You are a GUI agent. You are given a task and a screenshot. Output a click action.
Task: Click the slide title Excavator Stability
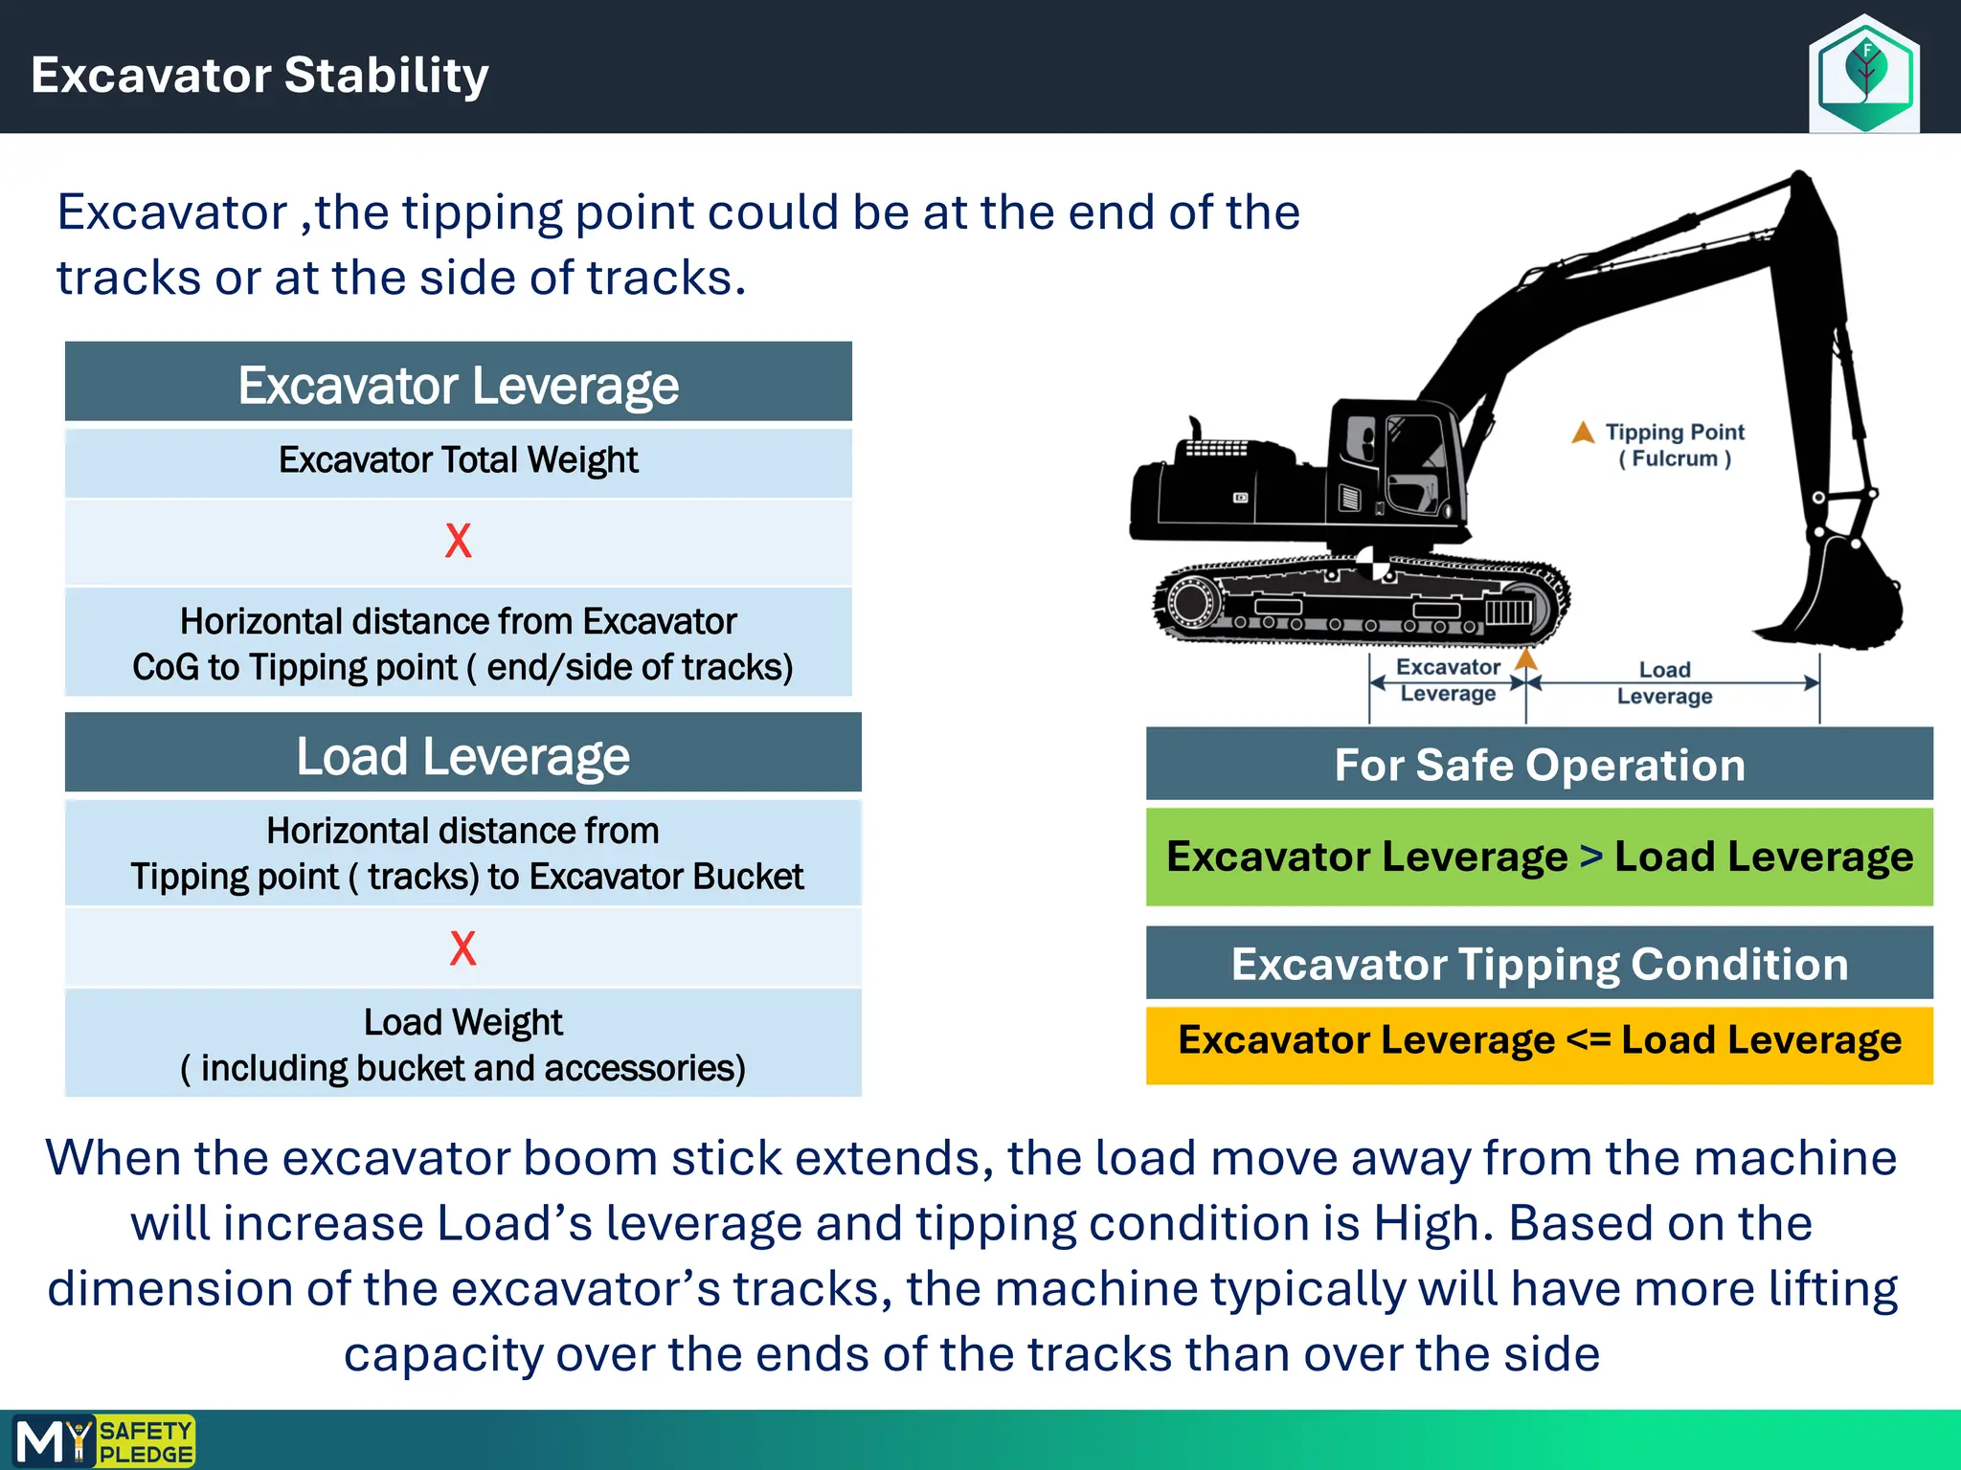[259, 75]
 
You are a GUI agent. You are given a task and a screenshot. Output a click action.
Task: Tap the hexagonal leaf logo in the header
[1863, 73]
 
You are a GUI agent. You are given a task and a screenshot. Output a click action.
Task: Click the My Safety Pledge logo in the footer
[103, 1441]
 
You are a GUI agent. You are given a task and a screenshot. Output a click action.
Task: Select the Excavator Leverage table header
[458, 385]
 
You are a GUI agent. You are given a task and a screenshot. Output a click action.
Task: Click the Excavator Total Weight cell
[458, 460]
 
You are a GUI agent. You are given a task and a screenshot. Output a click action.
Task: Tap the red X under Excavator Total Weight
[458, 542]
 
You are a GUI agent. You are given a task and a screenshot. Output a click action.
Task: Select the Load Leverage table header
[462, 756]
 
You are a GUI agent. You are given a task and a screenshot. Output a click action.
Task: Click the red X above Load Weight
[462, 948]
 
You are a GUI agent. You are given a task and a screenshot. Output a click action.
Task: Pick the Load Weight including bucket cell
[462, 1044]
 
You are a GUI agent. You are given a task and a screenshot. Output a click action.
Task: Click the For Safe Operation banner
[1539, 765]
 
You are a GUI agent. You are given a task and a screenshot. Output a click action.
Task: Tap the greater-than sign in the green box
[1590, 856]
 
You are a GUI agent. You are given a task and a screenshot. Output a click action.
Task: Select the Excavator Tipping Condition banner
[1539, 964]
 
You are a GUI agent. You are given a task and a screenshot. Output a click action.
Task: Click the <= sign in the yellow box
[1588, 1039]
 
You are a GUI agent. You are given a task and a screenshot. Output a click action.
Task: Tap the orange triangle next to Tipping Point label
[1583, 434]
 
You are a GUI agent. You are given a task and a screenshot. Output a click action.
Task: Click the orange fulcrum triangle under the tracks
[1525, 659]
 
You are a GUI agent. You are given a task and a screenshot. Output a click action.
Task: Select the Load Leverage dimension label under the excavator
[1664, 682]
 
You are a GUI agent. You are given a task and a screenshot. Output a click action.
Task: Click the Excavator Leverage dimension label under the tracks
[1447, 679]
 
